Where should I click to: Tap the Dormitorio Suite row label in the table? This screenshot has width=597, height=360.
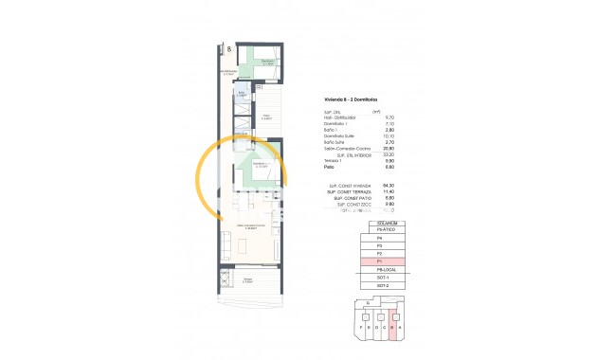point(340,135)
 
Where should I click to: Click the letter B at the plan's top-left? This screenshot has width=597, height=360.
point(227,48)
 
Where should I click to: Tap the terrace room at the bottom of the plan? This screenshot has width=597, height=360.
point(248,280)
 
